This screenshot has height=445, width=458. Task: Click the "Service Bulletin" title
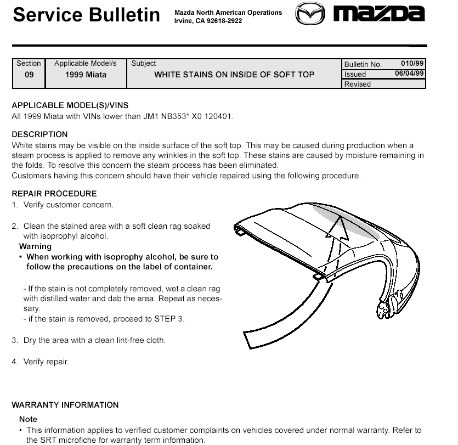click(x=87, y=15)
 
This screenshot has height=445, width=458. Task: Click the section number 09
click(x=29, y=75)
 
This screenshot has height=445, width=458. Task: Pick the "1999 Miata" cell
click(x=86, y=75)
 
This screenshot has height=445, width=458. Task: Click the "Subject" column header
click(x=144, y=64)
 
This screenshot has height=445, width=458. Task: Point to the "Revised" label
click(x=358, y=84)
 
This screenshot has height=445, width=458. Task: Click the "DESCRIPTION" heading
click(x=39, y=134)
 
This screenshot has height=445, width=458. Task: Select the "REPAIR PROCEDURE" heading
click(x=54, y=194)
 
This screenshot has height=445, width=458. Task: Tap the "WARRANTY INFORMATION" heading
click(x=65, y=405)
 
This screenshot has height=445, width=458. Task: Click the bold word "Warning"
click(x=35, y=246)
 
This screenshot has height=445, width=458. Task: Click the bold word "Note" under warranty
click(x=28, y=419)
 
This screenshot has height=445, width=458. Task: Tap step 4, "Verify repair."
click(x=46, y=362)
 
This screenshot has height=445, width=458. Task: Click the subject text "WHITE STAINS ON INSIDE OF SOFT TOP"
click(x=234, y=75)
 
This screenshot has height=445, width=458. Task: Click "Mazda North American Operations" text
click(x=228, y=13)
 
